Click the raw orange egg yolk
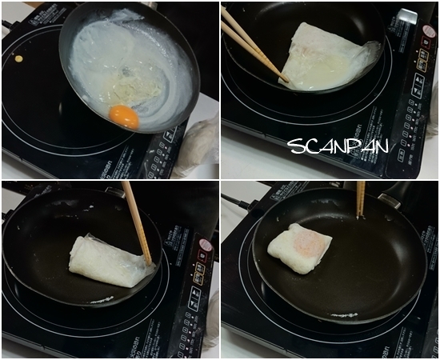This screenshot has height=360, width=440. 124,117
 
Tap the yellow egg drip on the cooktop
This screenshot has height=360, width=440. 18,58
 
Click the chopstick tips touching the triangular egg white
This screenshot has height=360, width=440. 284,78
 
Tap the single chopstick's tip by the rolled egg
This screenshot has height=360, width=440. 148,261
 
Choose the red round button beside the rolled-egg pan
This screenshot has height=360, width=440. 206,245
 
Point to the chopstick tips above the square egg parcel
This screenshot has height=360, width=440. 361,214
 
